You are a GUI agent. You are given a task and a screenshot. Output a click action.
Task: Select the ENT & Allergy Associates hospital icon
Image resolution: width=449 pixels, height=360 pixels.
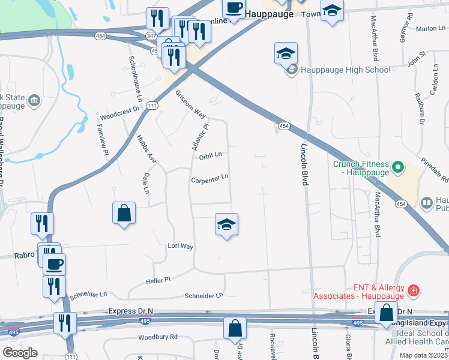tap(414, 292)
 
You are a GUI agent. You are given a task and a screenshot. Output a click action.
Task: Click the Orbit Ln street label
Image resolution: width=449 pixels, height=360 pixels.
tap(210, 155)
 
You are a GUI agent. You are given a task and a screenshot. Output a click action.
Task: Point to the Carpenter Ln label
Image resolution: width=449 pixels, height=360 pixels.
tap(209, 178)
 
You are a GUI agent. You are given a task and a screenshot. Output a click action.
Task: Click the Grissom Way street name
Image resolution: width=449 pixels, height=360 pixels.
tap(191, 104)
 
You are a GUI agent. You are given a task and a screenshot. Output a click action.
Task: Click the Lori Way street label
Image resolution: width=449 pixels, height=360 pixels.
tap(180, 246)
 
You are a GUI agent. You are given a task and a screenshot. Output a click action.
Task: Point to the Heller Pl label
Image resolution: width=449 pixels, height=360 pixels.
tap(158, 279)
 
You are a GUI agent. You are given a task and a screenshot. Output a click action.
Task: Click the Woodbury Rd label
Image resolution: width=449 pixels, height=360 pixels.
tap(158, 337)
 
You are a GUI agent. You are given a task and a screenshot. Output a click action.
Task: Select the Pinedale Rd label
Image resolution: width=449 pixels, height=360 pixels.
tap(435, 170)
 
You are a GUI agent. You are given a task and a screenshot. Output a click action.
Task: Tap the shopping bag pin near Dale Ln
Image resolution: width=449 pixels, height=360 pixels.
tap(124, 213)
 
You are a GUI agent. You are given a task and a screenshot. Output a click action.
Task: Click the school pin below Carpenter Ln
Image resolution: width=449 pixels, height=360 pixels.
tap(226, 225)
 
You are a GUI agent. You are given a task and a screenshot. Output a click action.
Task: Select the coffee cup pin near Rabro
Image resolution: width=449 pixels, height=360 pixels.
tap(54, 264)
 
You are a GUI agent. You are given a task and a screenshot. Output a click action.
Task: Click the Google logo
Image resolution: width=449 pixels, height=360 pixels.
tap(20, 353)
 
